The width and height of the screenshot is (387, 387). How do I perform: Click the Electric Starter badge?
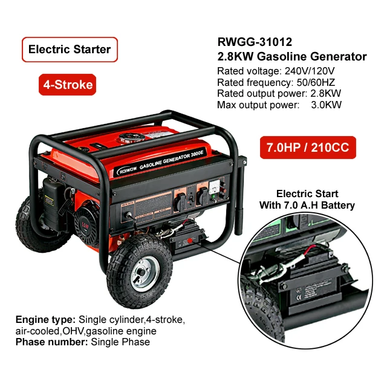[x=70, y=50]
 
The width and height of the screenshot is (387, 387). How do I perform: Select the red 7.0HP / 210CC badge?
[x=308, y=148]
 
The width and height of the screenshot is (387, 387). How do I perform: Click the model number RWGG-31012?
[x=255, y=42]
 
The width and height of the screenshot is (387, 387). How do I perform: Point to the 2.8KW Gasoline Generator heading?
[x=291, y=57]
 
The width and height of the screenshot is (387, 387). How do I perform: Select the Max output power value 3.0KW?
[x=326, y=105]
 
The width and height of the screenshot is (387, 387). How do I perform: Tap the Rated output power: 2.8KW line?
[x=279, y=94]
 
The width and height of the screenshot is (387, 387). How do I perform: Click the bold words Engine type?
[x=45, y=319]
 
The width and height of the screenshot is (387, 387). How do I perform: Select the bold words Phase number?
[x=52, y=342]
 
